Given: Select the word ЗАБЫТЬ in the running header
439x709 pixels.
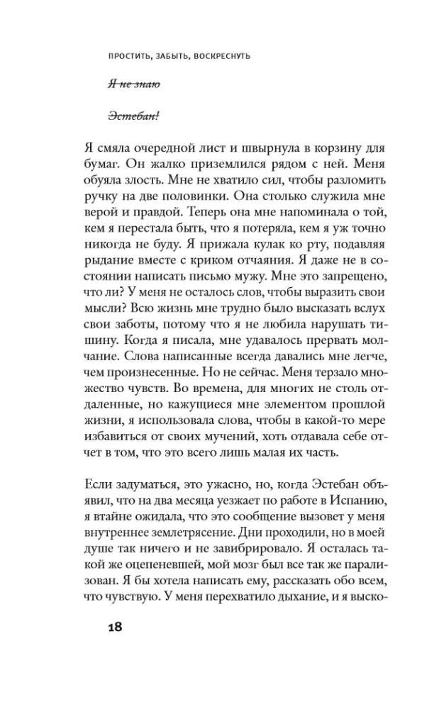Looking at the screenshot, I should click(x=167, y=55).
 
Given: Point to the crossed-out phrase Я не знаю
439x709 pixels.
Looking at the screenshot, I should click(x=134, y=84).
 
